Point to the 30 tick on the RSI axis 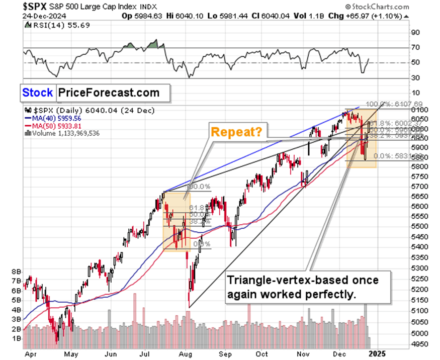[415, 77]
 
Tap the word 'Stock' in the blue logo [37, 93]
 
